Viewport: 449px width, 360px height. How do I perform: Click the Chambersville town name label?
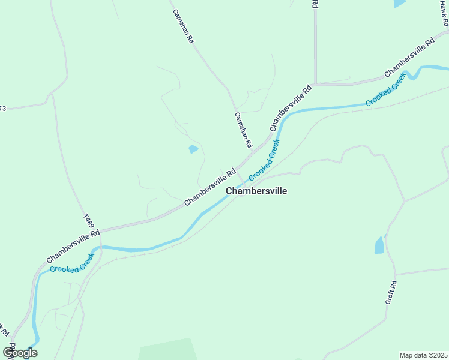256,191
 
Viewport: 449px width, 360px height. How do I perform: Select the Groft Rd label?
391,292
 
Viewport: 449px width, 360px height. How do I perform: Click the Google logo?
20,352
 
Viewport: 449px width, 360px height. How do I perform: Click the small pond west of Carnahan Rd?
193,149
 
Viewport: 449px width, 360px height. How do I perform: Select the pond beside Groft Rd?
379,245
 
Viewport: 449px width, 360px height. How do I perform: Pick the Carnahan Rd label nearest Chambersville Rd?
243,130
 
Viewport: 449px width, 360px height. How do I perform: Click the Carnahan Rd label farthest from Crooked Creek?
183,26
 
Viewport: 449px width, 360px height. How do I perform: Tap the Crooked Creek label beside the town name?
264,160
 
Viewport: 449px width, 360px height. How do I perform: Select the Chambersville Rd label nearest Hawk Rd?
409,58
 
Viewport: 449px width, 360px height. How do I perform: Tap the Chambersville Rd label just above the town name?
209,187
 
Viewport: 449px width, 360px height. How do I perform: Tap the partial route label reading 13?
3,109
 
